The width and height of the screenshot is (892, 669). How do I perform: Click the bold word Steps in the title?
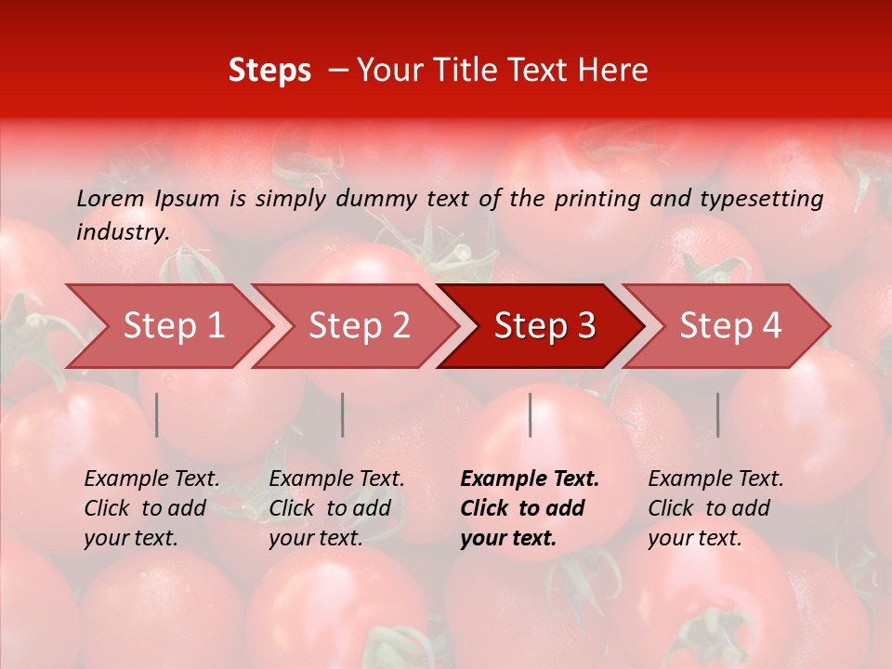pos(269,71)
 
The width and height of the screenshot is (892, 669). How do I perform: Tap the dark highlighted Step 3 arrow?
pos(544,326)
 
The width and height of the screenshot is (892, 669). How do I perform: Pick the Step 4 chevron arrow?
pos(730,326)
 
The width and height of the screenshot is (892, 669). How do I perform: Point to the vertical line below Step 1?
pos(157,414)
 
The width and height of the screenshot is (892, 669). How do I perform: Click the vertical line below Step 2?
pos(343,414)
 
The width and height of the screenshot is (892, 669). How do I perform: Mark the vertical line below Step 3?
pos(531,414)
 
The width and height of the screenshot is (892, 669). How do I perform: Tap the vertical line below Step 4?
pos(717,414)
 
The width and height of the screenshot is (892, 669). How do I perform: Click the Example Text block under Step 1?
pos(151,508)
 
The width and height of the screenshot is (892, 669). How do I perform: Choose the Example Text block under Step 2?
pos(336,508)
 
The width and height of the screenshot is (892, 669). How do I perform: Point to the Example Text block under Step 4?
pos(715,508)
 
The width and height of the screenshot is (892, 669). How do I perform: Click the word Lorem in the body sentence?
pos(111,198)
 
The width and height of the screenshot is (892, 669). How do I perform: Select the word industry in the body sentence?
pos(122,231)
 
